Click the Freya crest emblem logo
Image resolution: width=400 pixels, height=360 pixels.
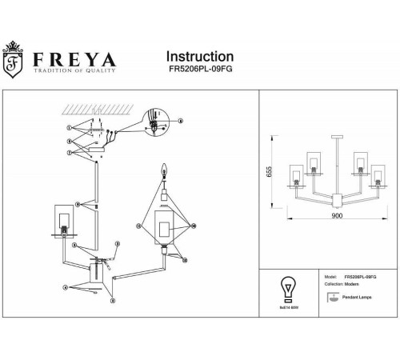13,63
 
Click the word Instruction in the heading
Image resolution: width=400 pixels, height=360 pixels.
199,57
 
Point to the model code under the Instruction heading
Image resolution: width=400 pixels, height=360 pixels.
199,71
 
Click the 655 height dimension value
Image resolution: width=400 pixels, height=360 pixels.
271,171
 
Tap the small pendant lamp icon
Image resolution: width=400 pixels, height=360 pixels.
332,297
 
